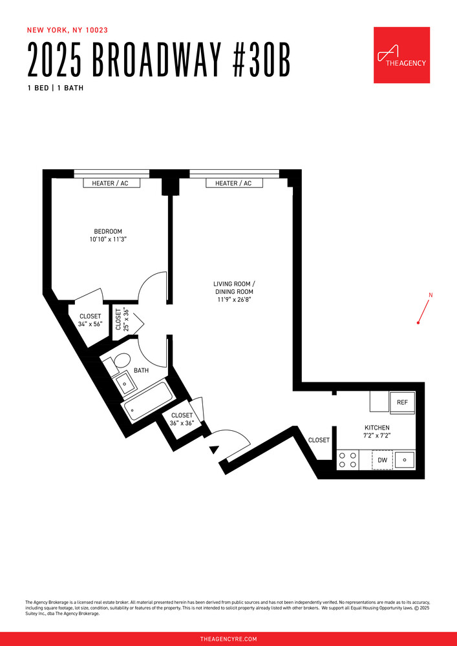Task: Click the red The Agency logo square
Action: pyautogui.click(x=401, y=55)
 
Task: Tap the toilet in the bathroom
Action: pyautogui.click(x=121, y=364)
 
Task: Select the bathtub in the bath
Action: pyautogui.click(x=147, y=401)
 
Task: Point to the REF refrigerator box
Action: pyautogui.click(x=402, y=402)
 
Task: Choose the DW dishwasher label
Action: pyautogui.click(x=382, y=460)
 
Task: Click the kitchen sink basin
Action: pyautogui.click(x=404, y=460)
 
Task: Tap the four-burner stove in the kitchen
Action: pyautogui.click(x=348, y=460)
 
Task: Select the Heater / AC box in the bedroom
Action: pyautogui.click(x=110, y=183)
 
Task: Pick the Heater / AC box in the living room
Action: pyautogui.click(x=229, y=183)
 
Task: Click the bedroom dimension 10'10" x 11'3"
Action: pyautogui.click(x=108, y=240)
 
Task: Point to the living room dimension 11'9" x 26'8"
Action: pyautogui.click(x=234, y=300)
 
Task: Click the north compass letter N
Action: pyautogui.click(x=430, y=296)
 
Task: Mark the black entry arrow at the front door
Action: pyautogui.click(x=213, y=450)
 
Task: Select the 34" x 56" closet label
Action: pyautogui.click(x=90, y=324)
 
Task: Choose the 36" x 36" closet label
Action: pyautogui.click(x=182, y=423)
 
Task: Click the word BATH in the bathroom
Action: pyautogui.click(x=141, y=371)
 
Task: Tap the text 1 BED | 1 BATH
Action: pyautogui.click(x=55, y=88)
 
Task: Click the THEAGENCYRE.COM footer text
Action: pyautogui.click(x=228, y=639)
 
